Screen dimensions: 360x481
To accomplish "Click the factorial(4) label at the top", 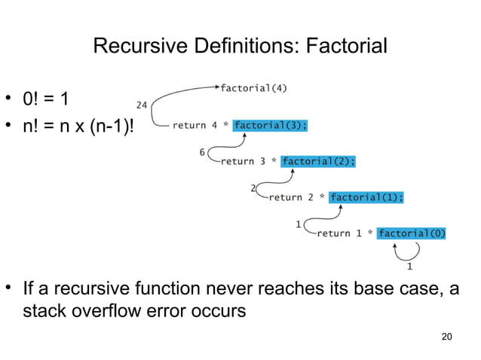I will (253, 88).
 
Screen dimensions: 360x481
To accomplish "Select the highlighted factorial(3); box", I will (270, 126).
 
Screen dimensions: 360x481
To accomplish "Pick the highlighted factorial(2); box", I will (317, 160).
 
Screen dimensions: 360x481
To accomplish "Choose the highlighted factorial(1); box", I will (366, 197).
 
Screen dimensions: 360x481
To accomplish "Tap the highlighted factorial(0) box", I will (412, 233).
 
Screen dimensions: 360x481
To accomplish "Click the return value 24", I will (141, 105).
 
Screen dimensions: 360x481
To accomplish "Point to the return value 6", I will (202, 152).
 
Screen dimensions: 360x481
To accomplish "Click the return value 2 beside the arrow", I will (253, 188).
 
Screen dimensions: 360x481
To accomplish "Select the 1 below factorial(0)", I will (409, 266).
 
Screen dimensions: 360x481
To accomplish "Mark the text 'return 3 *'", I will (248, 160).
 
